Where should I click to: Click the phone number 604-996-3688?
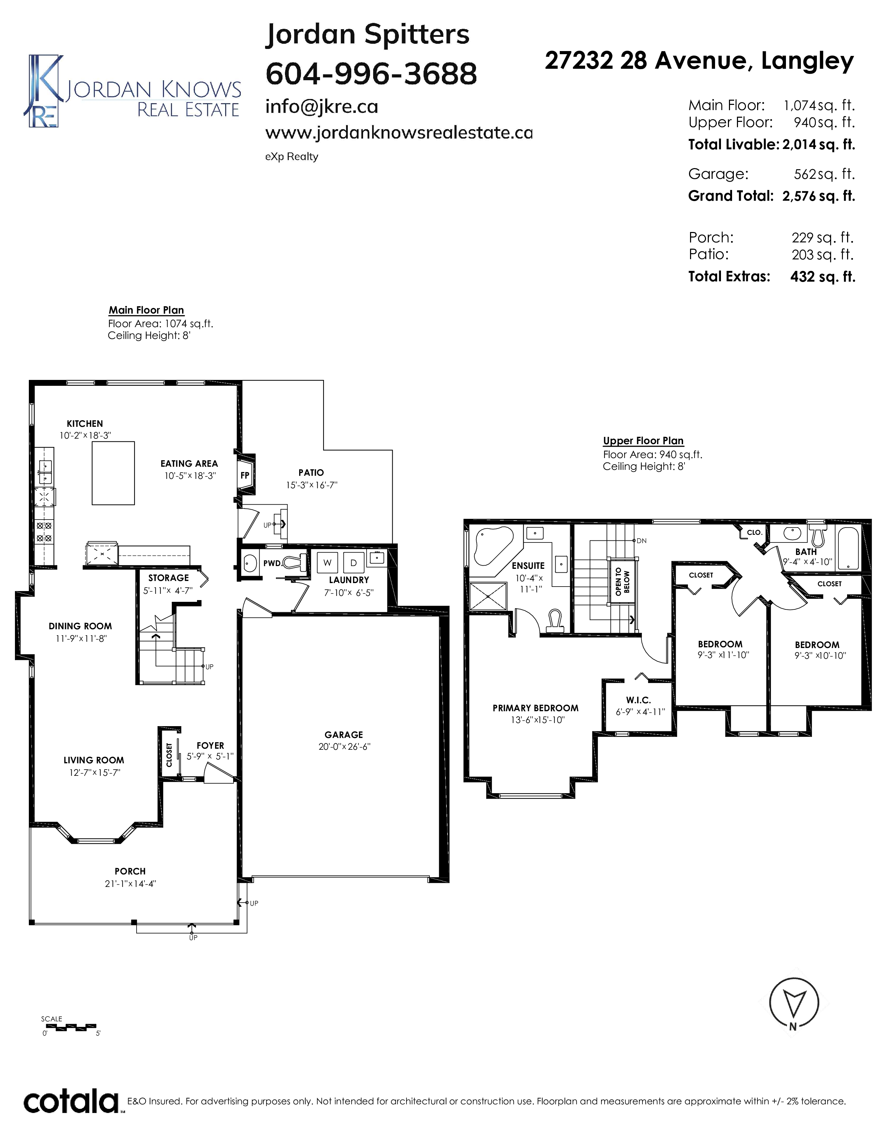(x=371, y=74)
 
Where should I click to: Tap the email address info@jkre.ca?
(x=321, y=107)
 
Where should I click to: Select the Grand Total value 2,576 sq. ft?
(x=818, y=196)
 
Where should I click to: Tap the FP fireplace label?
(x=245, y=475)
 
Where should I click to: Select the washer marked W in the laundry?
(x=328, y=563)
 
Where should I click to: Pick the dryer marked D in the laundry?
(x=353, y=563)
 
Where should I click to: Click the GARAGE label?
(x=344, y=734)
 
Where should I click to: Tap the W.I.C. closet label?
(x=638, y=700)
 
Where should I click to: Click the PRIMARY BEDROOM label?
(x=535, y=708)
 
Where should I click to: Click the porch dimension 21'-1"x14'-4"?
(x=130, y=884)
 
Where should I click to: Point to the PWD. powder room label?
(x=272, y=564)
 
